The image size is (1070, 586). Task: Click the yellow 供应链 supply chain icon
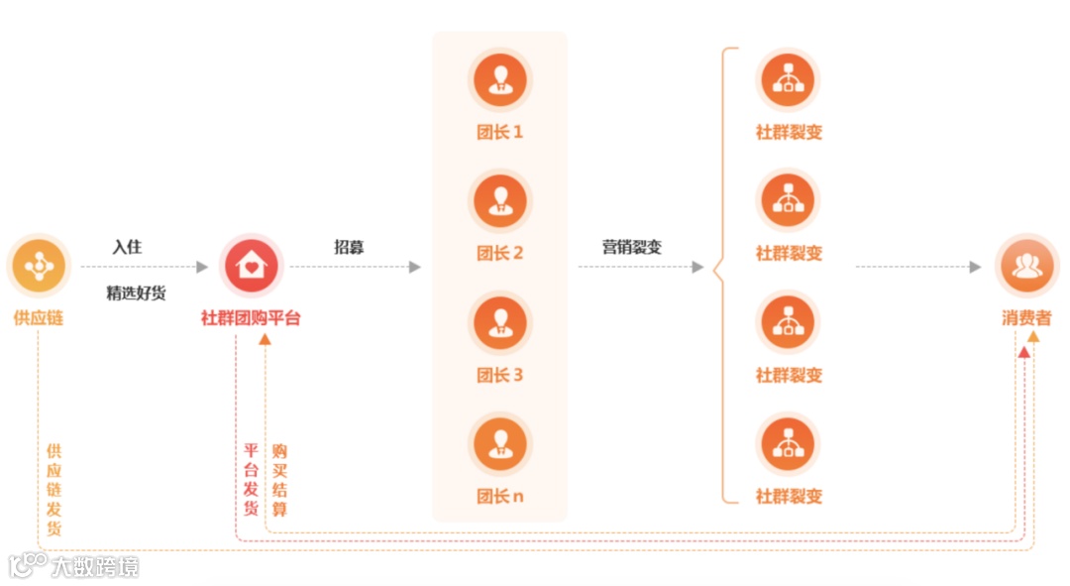(x=39, y=266)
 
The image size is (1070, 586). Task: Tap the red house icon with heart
(x=251, y=266)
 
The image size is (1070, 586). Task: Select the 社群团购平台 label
(x=251, y=318)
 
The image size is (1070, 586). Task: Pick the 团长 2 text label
(x=499, y=253)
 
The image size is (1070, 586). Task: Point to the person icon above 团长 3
(x=499, y=322)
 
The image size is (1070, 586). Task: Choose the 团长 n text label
(x=499, y=496)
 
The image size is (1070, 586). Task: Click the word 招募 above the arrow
(x=349, y=247)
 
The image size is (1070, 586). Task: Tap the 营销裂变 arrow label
(x=632, y=247)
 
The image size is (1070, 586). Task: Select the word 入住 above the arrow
(x=127, y=247)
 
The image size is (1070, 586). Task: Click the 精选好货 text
(x=137, y=293)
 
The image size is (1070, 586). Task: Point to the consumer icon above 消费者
(x=1027, y=266)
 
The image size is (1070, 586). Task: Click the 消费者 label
(x=1026, y=318)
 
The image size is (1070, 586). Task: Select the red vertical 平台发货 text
(x=251, y=479)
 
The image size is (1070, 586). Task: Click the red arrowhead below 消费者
(x=1023, y=351)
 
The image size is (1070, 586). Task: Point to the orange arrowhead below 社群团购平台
(x=265, y=340)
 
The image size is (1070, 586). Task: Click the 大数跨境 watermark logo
(x=73, y=566)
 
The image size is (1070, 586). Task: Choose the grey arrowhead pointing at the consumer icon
(x=975, y=267)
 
